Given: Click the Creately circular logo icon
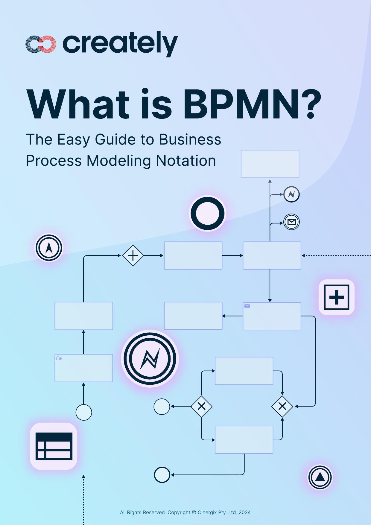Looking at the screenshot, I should pos(41,44).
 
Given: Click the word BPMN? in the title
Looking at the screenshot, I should pos(252,104).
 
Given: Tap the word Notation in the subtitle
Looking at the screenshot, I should pos(186,161).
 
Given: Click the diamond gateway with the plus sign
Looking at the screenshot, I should pos(133,255).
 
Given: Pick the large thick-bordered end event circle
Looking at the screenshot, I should pos(207,214).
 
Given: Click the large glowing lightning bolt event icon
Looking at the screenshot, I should pos(150,359).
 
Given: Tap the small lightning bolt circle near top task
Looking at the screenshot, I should pos(291,194).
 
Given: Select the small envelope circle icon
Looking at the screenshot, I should pos(291,222).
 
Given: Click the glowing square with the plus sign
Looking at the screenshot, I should pos(337,297).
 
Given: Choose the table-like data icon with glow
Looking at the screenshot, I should pos(54,446).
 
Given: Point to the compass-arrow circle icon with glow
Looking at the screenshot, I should pos(49,248).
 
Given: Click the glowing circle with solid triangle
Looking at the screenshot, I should pos(320,477).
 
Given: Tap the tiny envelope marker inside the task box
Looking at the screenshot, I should pos(247,306).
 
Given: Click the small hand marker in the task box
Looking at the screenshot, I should pos(59,358).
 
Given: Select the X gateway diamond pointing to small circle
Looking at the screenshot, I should pos(201,406).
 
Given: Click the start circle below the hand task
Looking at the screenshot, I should pos(84,412).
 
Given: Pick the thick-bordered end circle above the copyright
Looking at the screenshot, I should pos(162,475).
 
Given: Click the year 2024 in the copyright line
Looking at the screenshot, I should pos(244,512).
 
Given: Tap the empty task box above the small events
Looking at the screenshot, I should pos(270,164).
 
